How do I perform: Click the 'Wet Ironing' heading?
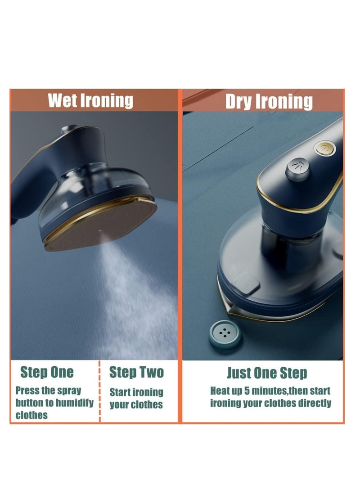tap(90, 100)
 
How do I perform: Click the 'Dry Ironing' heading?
tap(269, 101)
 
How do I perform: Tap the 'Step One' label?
tap(47, 372)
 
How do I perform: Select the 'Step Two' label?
tap(137, 372)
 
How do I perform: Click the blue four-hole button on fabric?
tap(224, 334)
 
